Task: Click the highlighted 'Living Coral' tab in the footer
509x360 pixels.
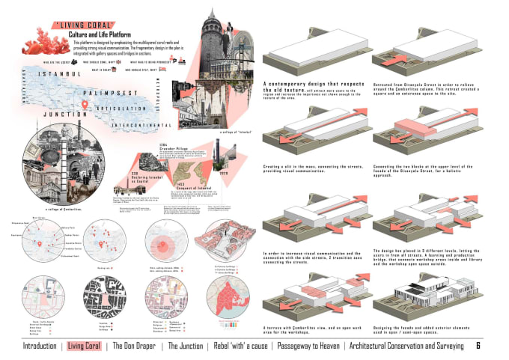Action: [x=84, y=346]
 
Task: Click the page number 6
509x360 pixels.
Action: [x=478, y=346]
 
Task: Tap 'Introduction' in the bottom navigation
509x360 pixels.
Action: [x=39, y=346]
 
